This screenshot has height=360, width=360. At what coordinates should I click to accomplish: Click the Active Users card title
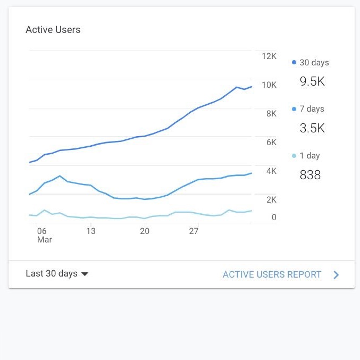[x=53, y=30]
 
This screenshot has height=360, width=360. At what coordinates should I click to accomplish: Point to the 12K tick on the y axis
[x=269, y=56]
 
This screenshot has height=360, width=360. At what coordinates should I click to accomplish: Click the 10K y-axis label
[x=269, y=85]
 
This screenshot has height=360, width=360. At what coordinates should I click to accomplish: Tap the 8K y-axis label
[x=271, y=114]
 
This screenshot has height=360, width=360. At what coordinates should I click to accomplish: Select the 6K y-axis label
[x=271, y=143]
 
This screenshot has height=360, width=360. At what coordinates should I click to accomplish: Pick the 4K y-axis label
[x=271, y=171]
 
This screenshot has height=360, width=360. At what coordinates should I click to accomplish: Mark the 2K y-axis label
[x=271, y=200]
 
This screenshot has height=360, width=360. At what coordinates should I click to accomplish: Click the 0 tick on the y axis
[x=274, y=217]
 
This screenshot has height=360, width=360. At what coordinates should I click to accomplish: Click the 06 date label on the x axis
[x=42, y=231]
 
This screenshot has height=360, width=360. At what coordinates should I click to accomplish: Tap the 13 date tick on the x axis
[x=91, y=231]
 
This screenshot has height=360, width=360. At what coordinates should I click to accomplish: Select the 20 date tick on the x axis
[x=145, y=231]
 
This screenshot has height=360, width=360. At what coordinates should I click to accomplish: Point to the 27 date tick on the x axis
[x=194, y=231]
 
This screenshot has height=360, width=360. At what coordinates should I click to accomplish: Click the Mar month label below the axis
[x=44, y=240]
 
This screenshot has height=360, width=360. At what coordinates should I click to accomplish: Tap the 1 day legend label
[x=309, y=156]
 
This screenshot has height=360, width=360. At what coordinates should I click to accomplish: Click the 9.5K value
[x=312, y=81]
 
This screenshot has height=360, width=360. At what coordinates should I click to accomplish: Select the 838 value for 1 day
[x=310, y=175]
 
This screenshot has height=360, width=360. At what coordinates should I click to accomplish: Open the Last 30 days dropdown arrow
[x=84, y=274]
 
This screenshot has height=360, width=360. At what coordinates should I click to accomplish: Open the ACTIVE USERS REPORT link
[x=272, y=274]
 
